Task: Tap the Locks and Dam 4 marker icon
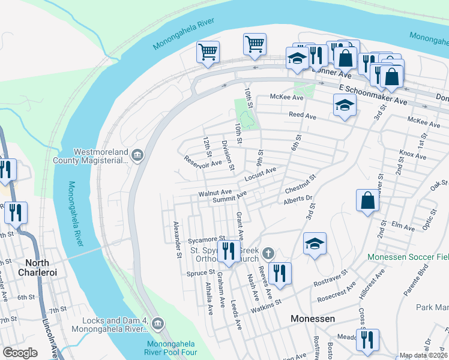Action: coord(157,324)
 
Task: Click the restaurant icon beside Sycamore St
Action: coord(228,251)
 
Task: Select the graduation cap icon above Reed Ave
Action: coord(345,106)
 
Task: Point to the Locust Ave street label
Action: coord(261,175)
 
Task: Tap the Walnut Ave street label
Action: coord(215,193)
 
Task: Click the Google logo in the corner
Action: coord(20,352)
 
